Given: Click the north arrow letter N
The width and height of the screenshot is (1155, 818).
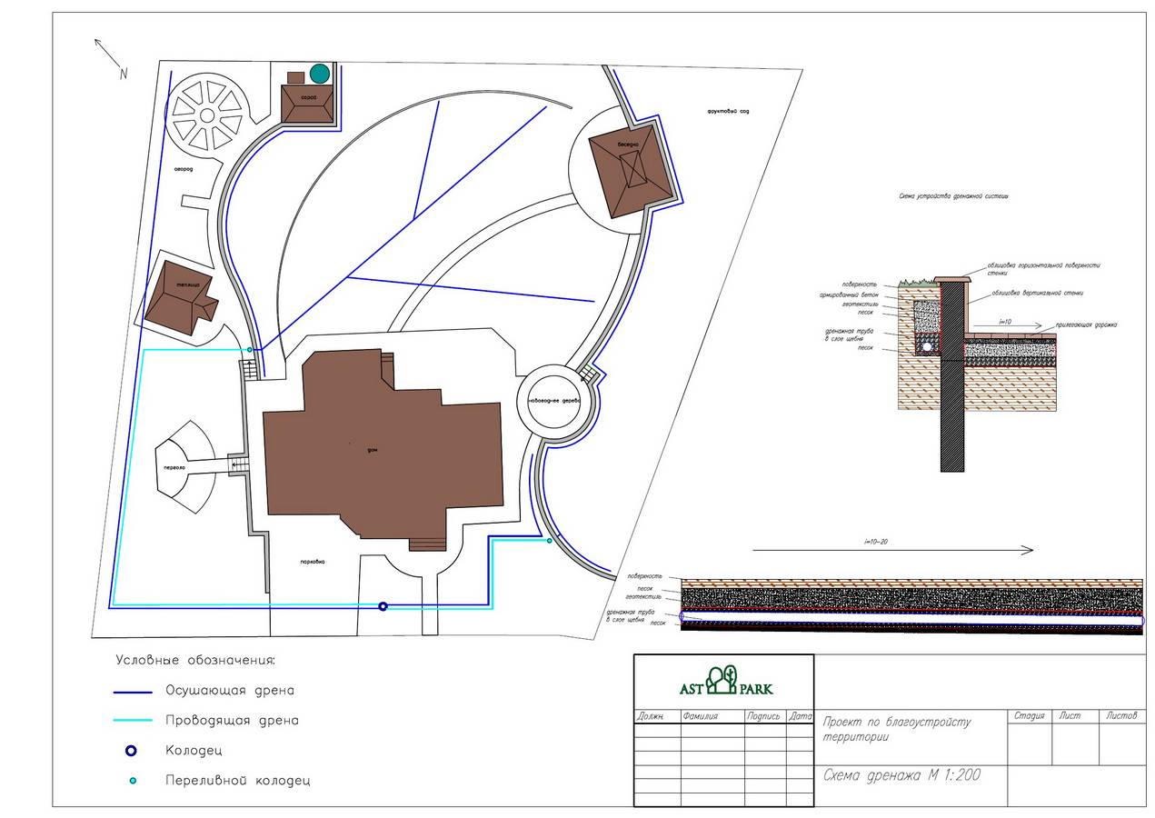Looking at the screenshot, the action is pyautogui.click(x=123, y=75).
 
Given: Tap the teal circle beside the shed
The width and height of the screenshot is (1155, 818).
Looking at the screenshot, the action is pyautogui.click(x=319, y=73).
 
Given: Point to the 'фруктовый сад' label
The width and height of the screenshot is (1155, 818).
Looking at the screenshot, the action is pyautogui.click(x=731, y=111).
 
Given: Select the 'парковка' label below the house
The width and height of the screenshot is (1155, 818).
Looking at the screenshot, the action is pyautogui.click(x=312, y=561).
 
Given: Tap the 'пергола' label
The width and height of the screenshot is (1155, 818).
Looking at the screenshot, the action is pyautogui.click(x=174, y=467).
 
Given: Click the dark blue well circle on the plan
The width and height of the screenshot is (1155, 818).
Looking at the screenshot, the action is pyautogui.click(x=383, y=606).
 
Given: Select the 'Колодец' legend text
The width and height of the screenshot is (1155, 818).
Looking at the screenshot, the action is pyautogui.click(x=194, y=751).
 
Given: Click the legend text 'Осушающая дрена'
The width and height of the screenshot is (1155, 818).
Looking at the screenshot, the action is pyautogui.click(x=230, y=691).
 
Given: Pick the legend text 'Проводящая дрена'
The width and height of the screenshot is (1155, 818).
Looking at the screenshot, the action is pyautogui.click(x=232, y=721).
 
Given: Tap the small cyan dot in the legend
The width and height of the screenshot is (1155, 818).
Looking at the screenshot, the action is pyautogui.click(x=133, y=781).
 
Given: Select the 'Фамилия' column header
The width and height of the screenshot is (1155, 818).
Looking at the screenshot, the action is pyautogui.click(x=702, y=716).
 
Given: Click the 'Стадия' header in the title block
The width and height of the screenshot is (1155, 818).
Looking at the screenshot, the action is pyautogui.click(x=1031, y=716).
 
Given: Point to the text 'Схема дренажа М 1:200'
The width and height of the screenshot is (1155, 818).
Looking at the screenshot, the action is pyautogui.click(x=901, y=775).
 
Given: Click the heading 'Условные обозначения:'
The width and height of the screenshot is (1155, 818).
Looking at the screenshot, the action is pyautogui.click(x=194, y=660).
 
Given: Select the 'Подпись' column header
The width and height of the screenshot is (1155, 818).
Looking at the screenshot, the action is pyautogui.click(x=764, y=716).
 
